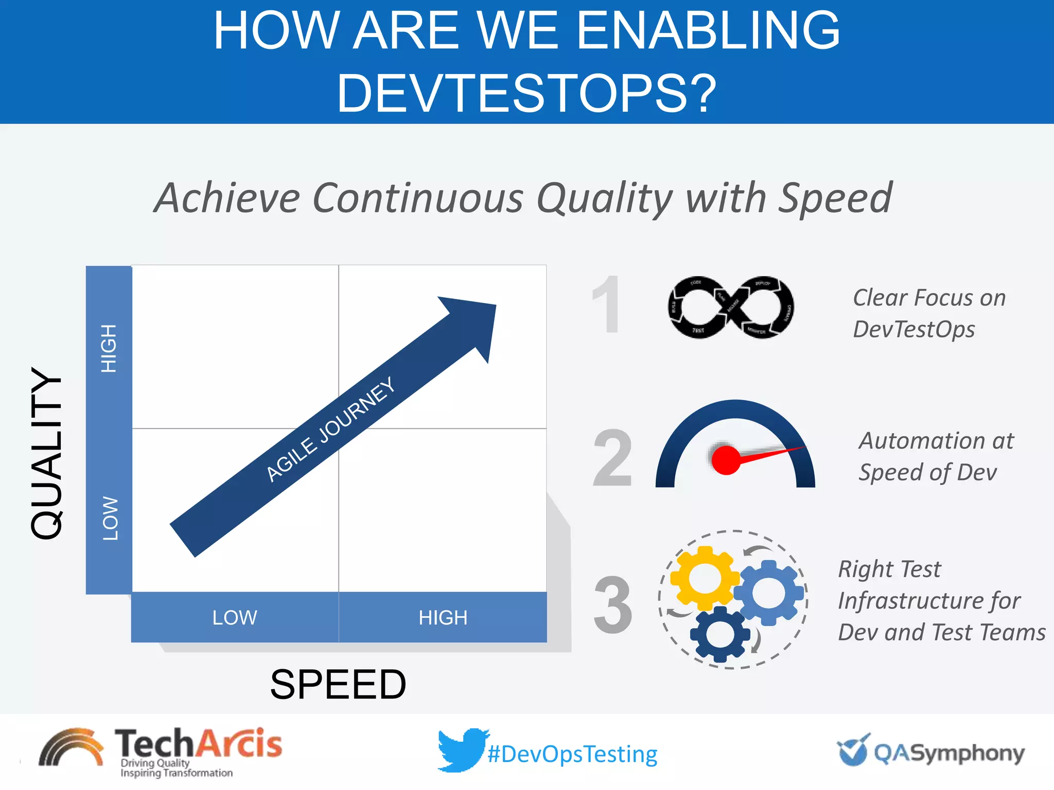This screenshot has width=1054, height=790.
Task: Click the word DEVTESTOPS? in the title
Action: click(526, 94)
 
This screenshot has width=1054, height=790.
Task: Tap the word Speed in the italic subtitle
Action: click(835, 198)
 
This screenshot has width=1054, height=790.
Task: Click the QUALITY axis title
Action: click(47, 453)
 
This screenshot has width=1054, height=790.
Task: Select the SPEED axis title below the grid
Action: click(338, 685)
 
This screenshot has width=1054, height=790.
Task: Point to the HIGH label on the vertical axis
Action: click(109, 348)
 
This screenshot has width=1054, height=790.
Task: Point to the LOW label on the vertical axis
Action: click(110, 518)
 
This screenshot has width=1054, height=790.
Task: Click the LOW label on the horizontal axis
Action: click(235, 617)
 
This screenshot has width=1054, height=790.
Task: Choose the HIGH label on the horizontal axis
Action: click(443, 617)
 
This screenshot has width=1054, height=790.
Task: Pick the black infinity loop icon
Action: click(731, 307)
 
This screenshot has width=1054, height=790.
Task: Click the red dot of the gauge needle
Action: click(726, 460)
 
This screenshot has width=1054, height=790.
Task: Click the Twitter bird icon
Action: click(461, 749)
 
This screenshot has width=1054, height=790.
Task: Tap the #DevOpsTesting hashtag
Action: click(572, 755)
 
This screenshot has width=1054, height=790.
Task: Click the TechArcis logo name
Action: click(198, 744)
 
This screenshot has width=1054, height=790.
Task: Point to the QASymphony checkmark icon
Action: click(853, 750)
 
